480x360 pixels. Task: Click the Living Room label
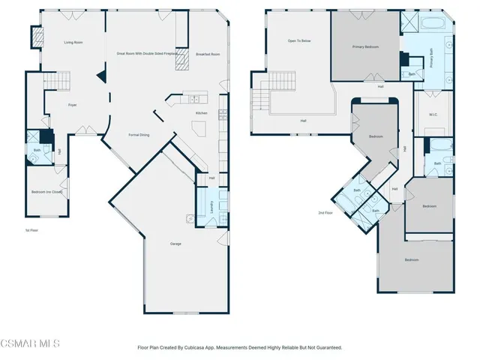pyautogui.click(x=73, y=43)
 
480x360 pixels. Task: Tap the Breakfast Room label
pyautogui.click(x=208, y=54)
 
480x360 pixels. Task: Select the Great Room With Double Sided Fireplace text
pyautogui.click(x=146, y=54)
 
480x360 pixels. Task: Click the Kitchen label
pyautogui.click(x=201, y=113)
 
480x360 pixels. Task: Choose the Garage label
pyautogui.click(x=175, y=244)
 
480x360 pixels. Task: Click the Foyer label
pyautogui.click(x=73, y=105)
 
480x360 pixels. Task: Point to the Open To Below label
pyautogui.click(x=299, y=40)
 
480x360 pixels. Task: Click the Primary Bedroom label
pyautogui.click(x=365, y=46)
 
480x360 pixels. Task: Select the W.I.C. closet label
pyautogui.click(x=433, y=115)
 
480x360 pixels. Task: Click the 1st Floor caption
pyautogui.click(x=31, y=230)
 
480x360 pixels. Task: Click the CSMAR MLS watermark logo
pyautogui.click(x=30, y=343)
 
